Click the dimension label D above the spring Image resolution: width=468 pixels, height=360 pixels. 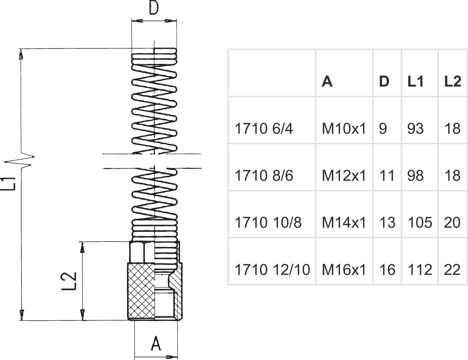click(154, 8)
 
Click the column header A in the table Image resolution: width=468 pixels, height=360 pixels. click(327, 81)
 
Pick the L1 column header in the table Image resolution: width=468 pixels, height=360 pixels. click(416, 81)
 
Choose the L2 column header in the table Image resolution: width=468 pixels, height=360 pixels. click(452, 81)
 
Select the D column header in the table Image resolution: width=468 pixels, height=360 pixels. click(384, 81)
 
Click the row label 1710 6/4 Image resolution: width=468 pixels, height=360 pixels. click(264, 128)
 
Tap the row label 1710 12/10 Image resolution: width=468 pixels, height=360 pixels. click(272, 270)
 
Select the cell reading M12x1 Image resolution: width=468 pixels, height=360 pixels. click(344, 176)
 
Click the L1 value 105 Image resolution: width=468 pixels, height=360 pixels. click(420, 223)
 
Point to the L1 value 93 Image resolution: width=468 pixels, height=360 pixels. click(415, 128)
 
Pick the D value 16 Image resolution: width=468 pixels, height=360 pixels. click(387, 270)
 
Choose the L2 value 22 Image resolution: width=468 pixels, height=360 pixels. click(452, 270)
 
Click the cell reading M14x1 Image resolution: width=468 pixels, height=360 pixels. click(344, 223)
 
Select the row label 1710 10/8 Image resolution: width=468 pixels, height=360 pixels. click(268, 223)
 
